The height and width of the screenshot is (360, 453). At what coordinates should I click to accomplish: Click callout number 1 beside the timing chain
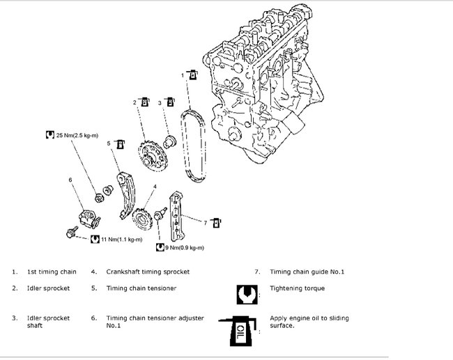click(x=183, y=74)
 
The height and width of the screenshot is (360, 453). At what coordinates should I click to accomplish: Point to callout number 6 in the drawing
click(x=70, y=180)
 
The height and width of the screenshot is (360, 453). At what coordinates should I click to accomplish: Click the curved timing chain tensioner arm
click(x=126, y=195)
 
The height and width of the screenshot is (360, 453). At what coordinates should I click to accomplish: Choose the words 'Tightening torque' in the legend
click(x=297, y=288)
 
